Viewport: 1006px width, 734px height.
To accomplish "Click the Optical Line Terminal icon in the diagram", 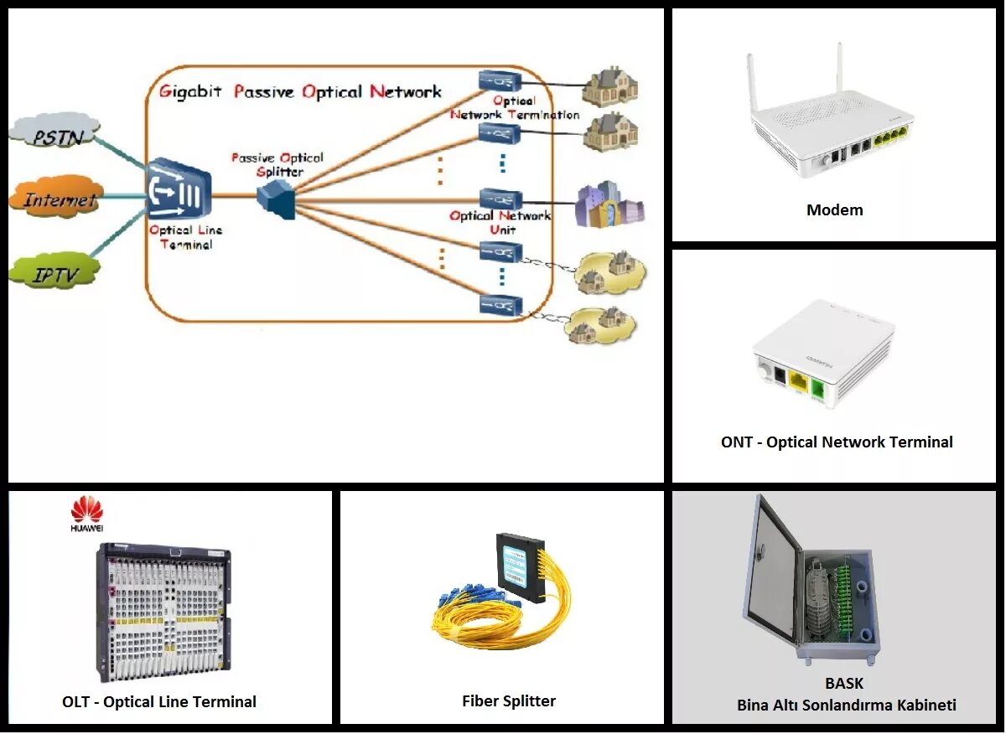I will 179,192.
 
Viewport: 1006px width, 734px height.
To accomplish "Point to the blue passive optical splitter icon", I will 276,199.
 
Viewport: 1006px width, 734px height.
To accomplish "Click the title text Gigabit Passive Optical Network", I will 300,91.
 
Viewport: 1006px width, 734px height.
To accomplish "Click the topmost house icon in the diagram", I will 610,85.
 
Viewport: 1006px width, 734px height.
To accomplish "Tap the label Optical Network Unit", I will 500,222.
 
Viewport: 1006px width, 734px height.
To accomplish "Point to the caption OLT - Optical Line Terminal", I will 159,702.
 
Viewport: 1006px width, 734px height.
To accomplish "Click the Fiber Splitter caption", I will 508,701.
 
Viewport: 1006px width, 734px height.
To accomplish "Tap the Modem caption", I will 834,210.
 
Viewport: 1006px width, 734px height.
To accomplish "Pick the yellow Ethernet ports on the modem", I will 892,137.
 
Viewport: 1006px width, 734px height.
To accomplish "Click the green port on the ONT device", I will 817,386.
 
